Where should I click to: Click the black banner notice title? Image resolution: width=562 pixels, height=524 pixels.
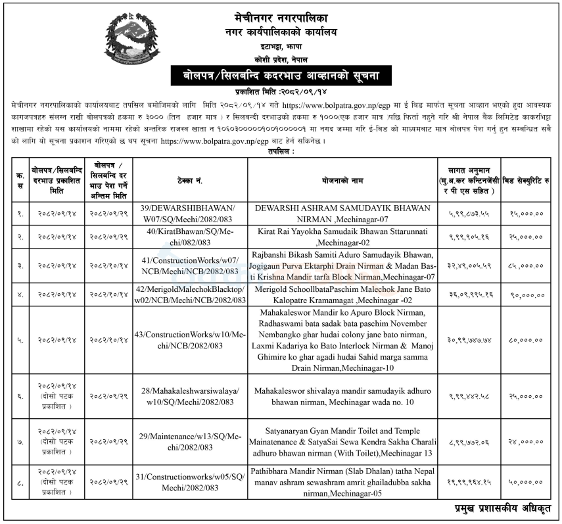coord(281,76)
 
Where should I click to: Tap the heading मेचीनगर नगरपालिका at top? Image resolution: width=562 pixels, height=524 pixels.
coord(281,12)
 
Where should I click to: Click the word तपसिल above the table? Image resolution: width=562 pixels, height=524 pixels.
coord(281,151)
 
